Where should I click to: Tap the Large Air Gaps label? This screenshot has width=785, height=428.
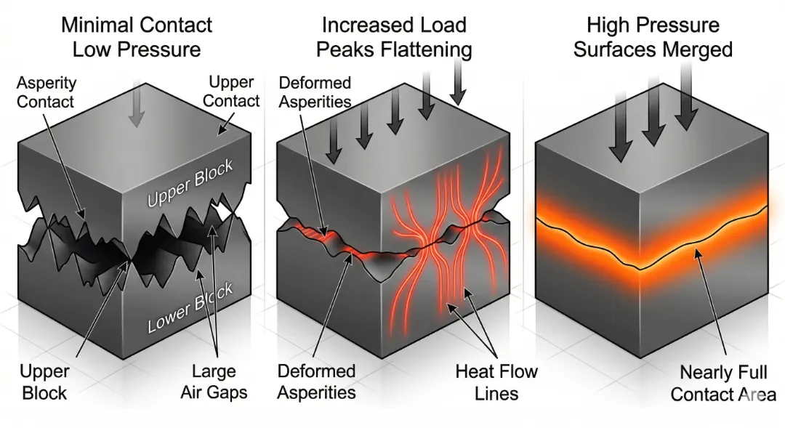tap(214, 381)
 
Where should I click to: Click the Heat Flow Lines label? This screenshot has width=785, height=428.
tap(497, 382)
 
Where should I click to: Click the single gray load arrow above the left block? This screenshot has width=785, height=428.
tap(136, 110)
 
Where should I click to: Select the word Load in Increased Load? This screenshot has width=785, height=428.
tap(444, 25)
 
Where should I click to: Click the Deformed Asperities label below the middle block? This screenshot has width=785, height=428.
tap(317, 382)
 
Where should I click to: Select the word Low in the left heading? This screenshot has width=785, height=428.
tap(92, 49)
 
